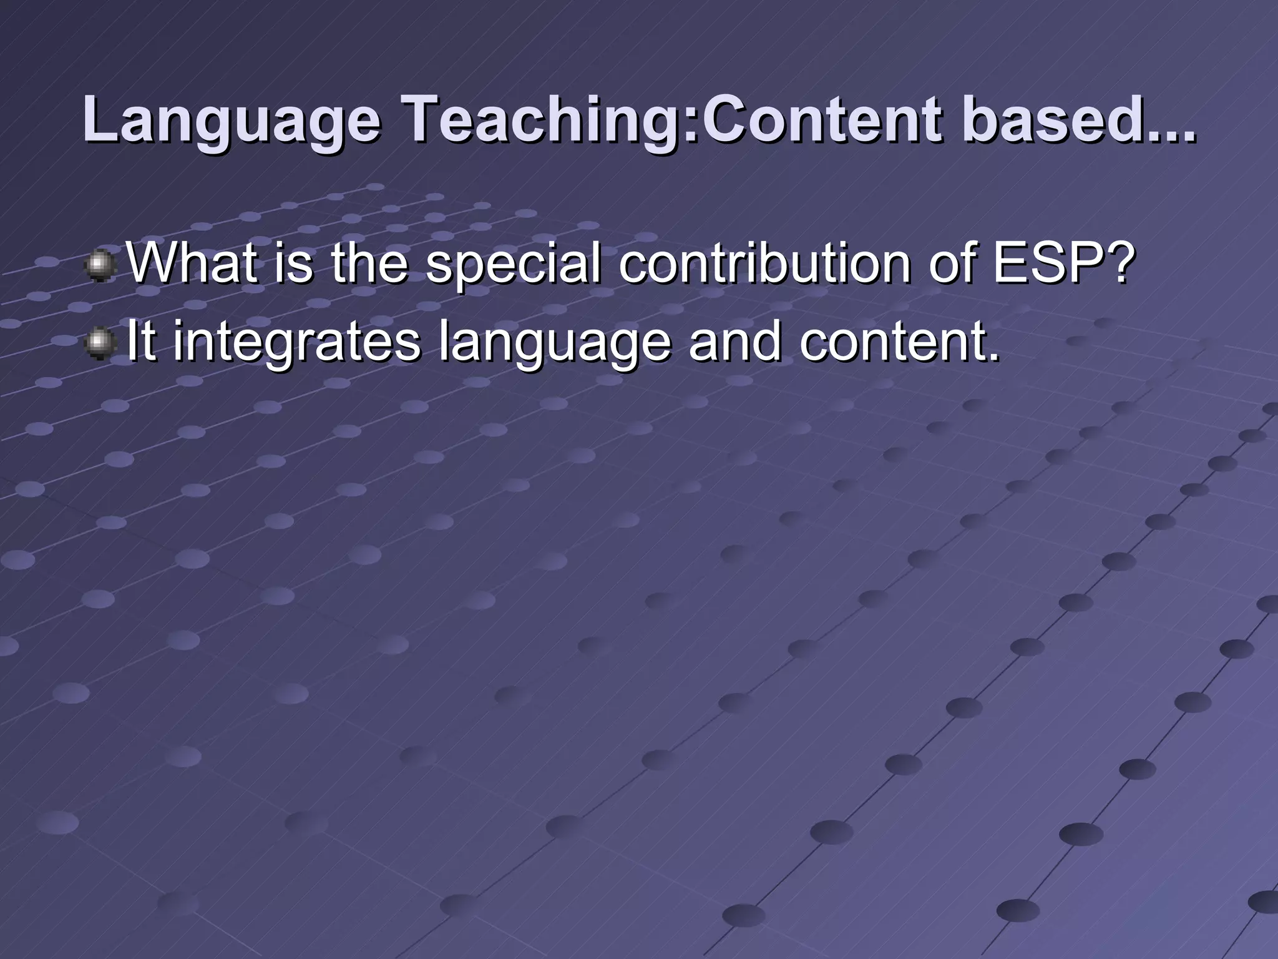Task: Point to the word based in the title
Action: [x=1048, y=119]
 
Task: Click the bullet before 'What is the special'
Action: [x=99, y=267]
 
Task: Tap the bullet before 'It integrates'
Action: [x=99, y=345]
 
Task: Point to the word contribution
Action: [x=765, y=263]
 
